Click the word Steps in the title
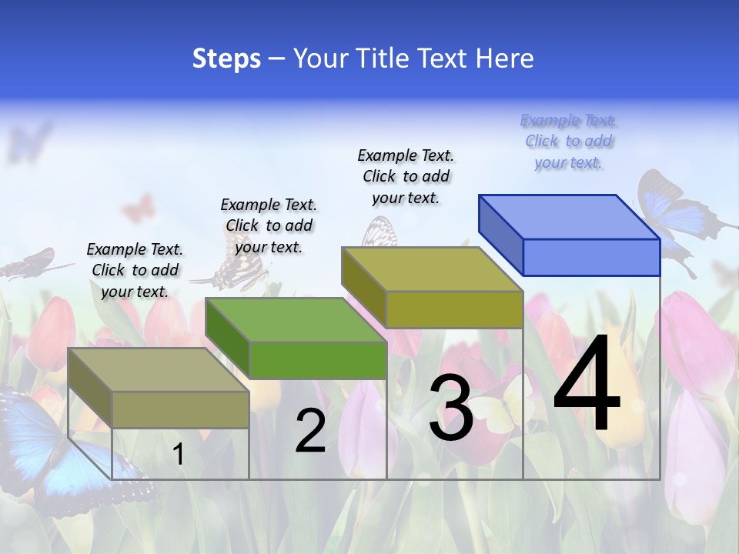[226, 58]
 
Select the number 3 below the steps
[450, 409]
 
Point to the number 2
[310, 431]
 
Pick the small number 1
[179, 454]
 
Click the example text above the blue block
[569, 141]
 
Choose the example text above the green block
[269, 225]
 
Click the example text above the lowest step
[135, 270]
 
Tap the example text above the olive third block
[406, 176]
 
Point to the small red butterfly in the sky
[138, 208]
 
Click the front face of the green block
[318, 359]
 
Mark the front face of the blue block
[591, 257]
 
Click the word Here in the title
[505, 58]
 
